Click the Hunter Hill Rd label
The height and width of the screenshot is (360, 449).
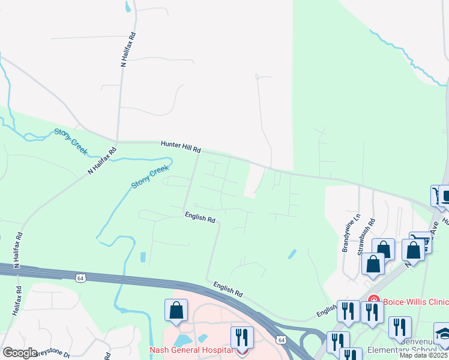[180, 146]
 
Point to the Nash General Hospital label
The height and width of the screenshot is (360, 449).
[191, 350]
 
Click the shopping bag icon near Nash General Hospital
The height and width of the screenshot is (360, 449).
[176, 311]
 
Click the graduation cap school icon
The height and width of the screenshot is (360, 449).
[443, 334]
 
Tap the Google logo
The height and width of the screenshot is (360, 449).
[19, 353]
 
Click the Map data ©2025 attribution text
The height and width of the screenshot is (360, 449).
[423, 355]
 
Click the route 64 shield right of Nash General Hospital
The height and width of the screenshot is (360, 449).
[281, 340]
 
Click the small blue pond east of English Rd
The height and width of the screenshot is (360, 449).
[292, 254]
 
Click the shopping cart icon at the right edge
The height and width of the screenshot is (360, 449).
[435, 195]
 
